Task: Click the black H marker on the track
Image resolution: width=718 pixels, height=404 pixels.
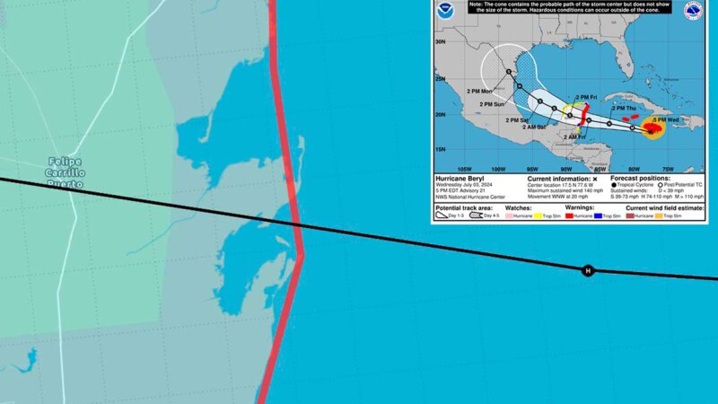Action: coord(588,270)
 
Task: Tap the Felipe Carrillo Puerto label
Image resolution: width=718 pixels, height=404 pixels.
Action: coord(66,172)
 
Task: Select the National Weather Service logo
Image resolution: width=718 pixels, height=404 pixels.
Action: coord(692,12)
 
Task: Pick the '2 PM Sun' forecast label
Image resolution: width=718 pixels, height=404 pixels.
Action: coord(492,104)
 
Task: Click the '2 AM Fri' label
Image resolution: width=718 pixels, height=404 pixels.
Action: coord(575,136)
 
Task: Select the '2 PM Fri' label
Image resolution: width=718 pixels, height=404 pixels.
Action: coord(587,97)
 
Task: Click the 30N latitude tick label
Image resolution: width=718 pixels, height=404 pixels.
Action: coord(441,41)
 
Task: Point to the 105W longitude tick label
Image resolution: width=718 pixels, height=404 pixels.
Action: coord(464,169)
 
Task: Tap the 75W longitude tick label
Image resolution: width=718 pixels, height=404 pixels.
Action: coord(668,169)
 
